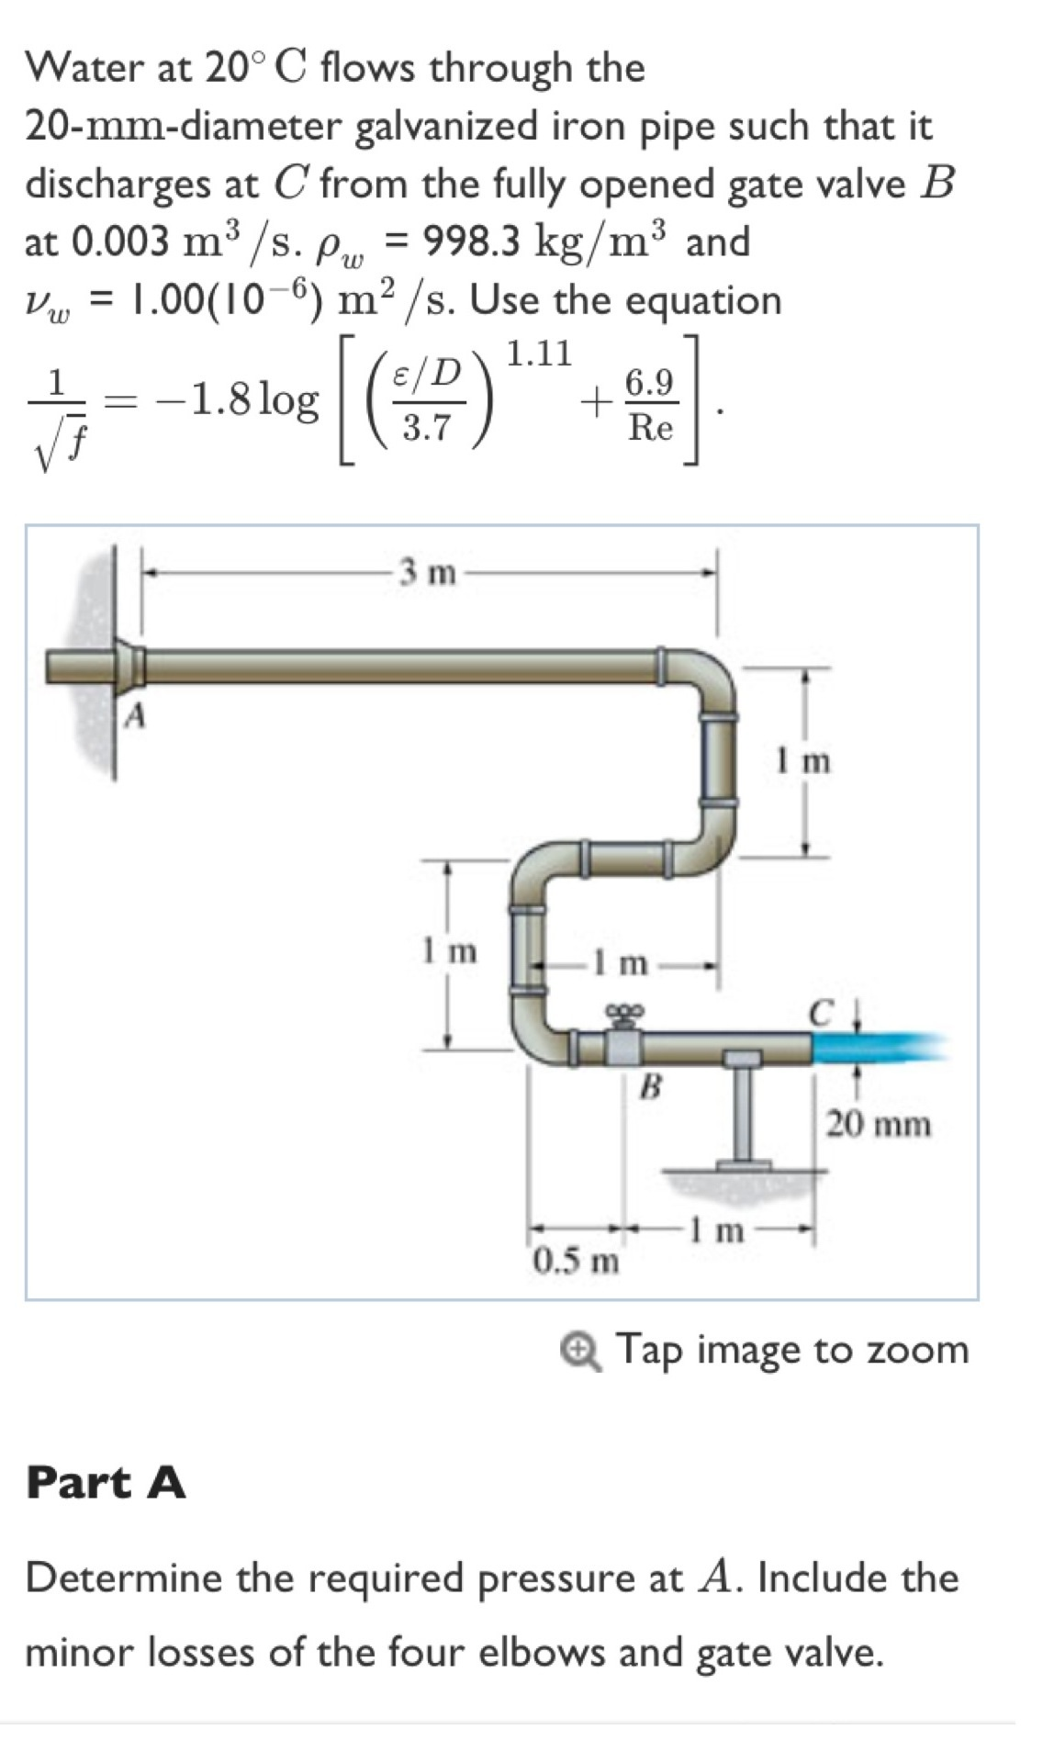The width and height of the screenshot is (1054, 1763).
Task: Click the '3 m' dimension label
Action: pos(427,573)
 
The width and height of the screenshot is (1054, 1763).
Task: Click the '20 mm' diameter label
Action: pos(879,1123)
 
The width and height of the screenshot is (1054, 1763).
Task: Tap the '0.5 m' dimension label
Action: pos(577,1260)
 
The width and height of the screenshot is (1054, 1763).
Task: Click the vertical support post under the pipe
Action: pos(743,1113)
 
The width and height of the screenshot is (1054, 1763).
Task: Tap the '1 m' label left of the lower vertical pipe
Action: pos(450,949)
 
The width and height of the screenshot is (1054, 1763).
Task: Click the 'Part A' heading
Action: pos(106,1481)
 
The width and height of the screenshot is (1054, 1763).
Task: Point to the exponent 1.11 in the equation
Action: pos(539,353)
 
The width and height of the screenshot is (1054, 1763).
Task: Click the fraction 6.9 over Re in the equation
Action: pos(650,405)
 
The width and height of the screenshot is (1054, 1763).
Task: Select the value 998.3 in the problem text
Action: pos(470,241)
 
